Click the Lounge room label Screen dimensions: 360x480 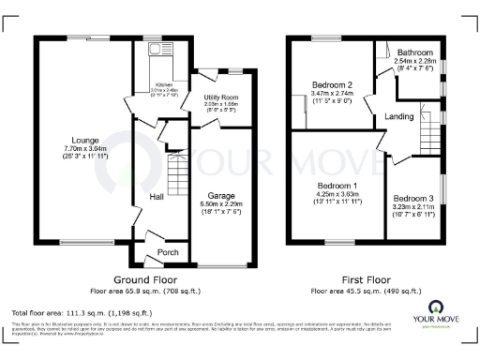[x=76, y=136]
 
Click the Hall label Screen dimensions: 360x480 [x=158, y=196]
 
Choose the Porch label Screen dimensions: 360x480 [x=168, y=251]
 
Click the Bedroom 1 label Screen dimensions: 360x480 [x=335, y=185]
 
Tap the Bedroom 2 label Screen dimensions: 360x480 [x=331, y=83]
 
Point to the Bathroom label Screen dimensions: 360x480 [x=413, y=52]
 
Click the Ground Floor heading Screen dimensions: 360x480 [x=147, y=279]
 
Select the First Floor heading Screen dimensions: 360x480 [x=366, y=279]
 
